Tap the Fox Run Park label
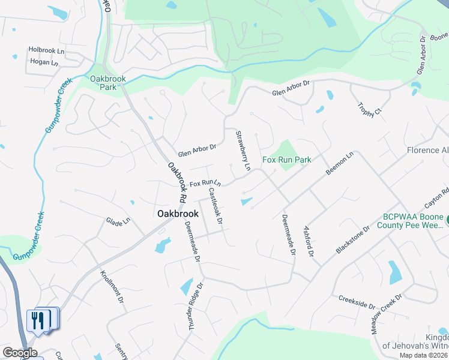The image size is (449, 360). pos(287,160)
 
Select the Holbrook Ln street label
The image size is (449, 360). pos(46,51)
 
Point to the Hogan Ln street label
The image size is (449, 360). pos(43,62)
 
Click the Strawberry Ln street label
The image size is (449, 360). pos(243,151)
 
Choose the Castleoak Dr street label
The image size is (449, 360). pos(215,206)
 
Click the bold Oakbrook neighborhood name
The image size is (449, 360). pos(177,213)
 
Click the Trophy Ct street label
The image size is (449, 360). pos(369,109)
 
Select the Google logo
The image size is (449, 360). pos(20,353)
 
